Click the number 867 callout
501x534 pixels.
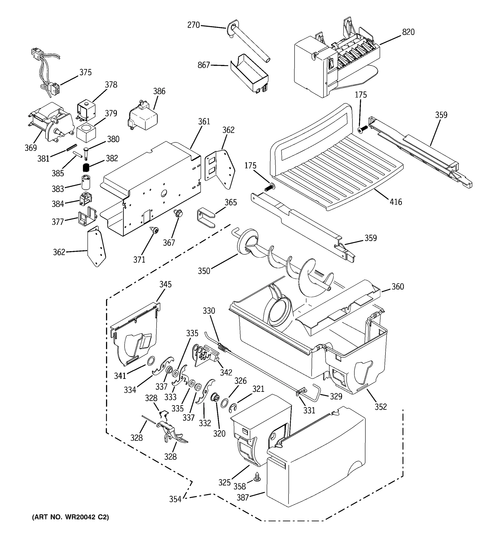[204, 65]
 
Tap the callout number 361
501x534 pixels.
[204, 121]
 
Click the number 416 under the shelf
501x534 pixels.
[396, 202]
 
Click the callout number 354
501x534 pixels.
[175, 499]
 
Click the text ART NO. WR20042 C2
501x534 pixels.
[70, 517]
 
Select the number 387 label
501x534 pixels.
[243, 498]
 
